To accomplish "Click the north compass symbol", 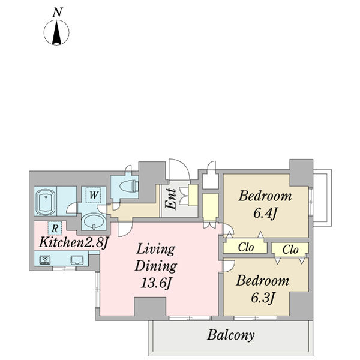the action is [x=56, y=32].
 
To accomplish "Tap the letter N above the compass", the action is [x=58, y=13].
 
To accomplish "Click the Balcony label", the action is [x=231, y=335].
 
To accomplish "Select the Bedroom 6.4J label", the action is [x=265, y=205].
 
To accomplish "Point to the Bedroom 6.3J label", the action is [x=262, y=289].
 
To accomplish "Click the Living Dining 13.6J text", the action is [x=156, y=266].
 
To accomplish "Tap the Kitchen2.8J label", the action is [x=73, y=242].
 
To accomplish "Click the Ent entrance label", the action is [x=171, y=199].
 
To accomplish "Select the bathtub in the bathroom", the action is [x=46, y=202].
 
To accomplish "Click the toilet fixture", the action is [x=130, y=186].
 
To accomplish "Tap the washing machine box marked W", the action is [x=94, y=195].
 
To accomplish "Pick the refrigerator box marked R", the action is [x=55, y=228].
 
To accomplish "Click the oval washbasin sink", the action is [x=94, y=221].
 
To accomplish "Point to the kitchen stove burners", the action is [x=45, y=260].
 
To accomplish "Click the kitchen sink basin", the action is [x=77, y=260].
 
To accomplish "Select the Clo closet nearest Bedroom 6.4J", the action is [x=245, y=247].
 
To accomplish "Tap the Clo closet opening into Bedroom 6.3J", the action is [x=290, y=250].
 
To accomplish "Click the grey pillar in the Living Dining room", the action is [x=150, y=306].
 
